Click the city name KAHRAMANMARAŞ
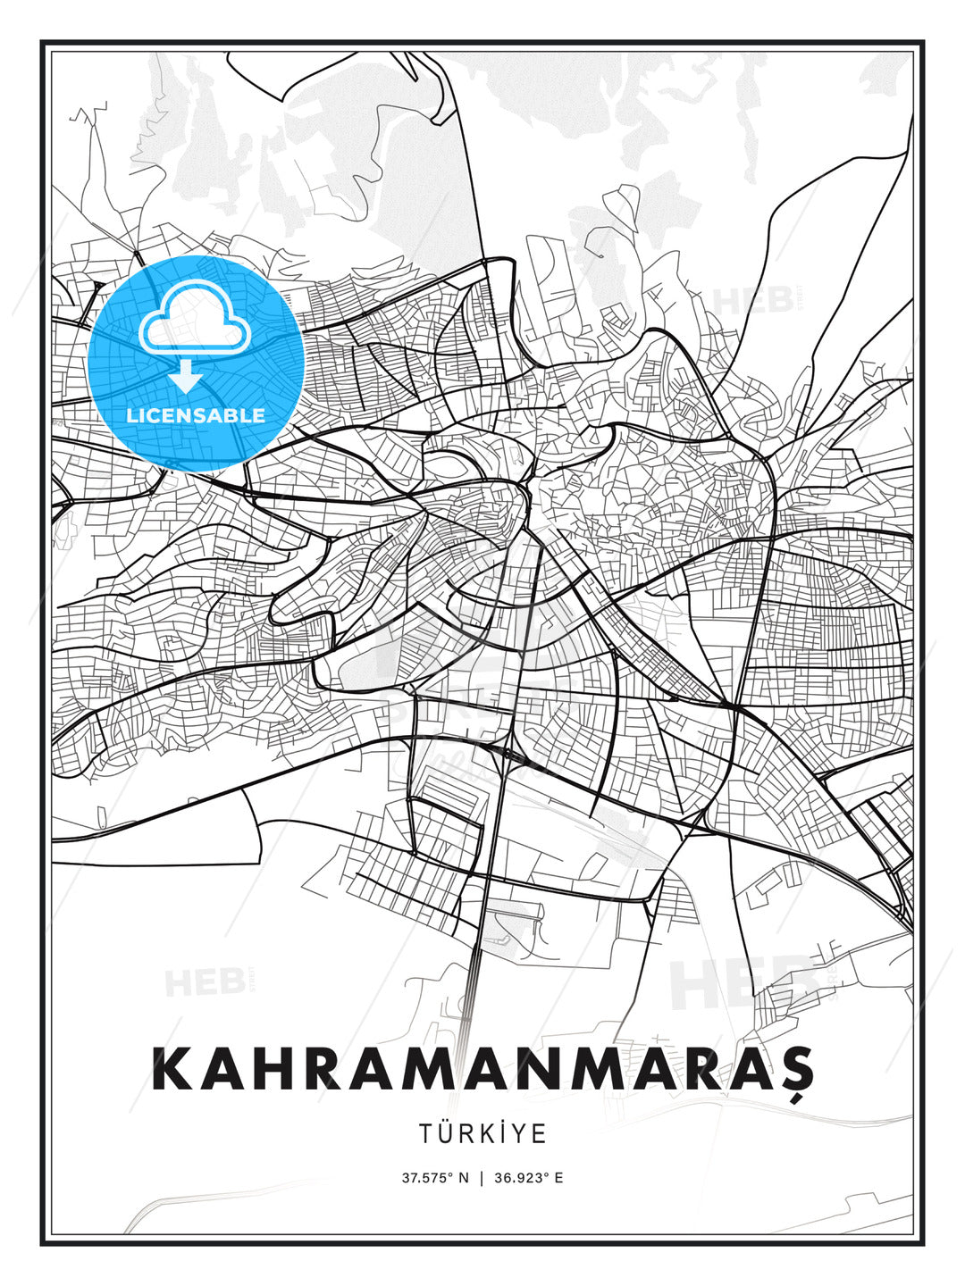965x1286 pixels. tap(482, 1068)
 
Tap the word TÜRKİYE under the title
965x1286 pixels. tap(482, 1133)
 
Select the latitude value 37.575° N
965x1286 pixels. tap(435, 1177)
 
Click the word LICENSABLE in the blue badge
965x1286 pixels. tap(196, 415)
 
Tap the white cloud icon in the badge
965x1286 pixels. tap(193, 317)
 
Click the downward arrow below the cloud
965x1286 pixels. tap(186, 376)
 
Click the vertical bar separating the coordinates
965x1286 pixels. tap(482, 1177)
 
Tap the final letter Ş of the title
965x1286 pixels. tap(790, 1070)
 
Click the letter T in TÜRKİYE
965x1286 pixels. tap(426, 1133)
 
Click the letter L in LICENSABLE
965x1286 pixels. tap(131, 415)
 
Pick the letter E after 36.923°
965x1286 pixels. tap(558, 1177)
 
